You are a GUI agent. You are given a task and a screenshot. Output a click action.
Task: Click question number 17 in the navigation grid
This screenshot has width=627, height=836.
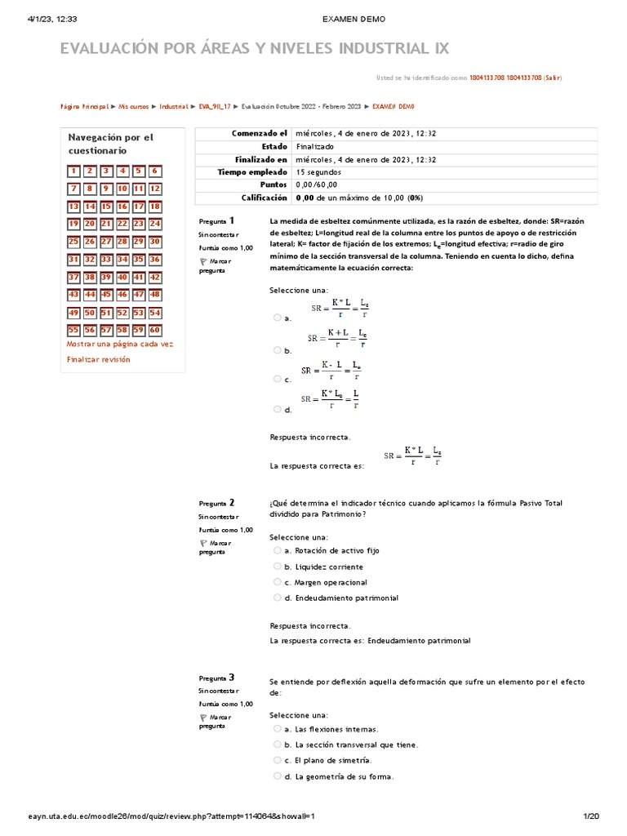[139, 207]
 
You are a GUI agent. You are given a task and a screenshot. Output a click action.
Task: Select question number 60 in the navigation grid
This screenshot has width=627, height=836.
[155, 331]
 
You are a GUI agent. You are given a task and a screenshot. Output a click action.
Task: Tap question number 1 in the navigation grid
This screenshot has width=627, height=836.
[73, 171]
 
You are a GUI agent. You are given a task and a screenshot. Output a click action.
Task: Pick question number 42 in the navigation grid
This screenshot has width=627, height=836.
[155, 278]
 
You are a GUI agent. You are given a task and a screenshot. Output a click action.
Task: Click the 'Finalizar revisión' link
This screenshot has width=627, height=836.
[98, 359]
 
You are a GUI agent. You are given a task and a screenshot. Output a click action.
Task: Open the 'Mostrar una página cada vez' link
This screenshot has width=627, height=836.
[120, 345]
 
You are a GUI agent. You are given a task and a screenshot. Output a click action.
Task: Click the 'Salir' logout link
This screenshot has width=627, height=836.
[553, 78]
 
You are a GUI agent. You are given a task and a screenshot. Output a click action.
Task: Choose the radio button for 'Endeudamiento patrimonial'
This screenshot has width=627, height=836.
[278, 598]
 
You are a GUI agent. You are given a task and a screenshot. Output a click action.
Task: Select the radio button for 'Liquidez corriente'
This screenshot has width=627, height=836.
[278, 566]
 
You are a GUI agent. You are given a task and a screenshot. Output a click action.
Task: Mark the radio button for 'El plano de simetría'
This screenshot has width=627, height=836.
[278, 760]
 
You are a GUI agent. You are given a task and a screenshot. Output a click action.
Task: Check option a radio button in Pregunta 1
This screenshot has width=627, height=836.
[278, 318]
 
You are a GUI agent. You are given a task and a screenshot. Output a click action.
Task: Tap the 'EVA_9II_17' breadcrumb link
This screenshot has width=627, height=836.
[215, 106]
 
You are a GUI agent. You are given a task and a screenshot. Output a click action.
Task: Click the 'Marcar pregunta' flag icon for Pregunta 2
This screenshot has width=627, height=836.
[202, 543]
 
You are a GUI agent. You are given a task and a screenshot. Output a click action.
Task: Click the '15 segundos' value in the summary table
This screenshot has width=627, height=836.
[318, 172]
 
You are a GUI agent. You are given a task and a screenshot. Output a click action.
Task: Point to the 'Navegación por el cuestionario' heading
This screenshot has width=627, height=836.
[110, 144]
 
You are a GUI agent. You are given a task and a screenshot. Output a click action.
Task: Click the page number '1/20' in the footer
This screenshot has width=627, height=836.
[590, 816]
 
